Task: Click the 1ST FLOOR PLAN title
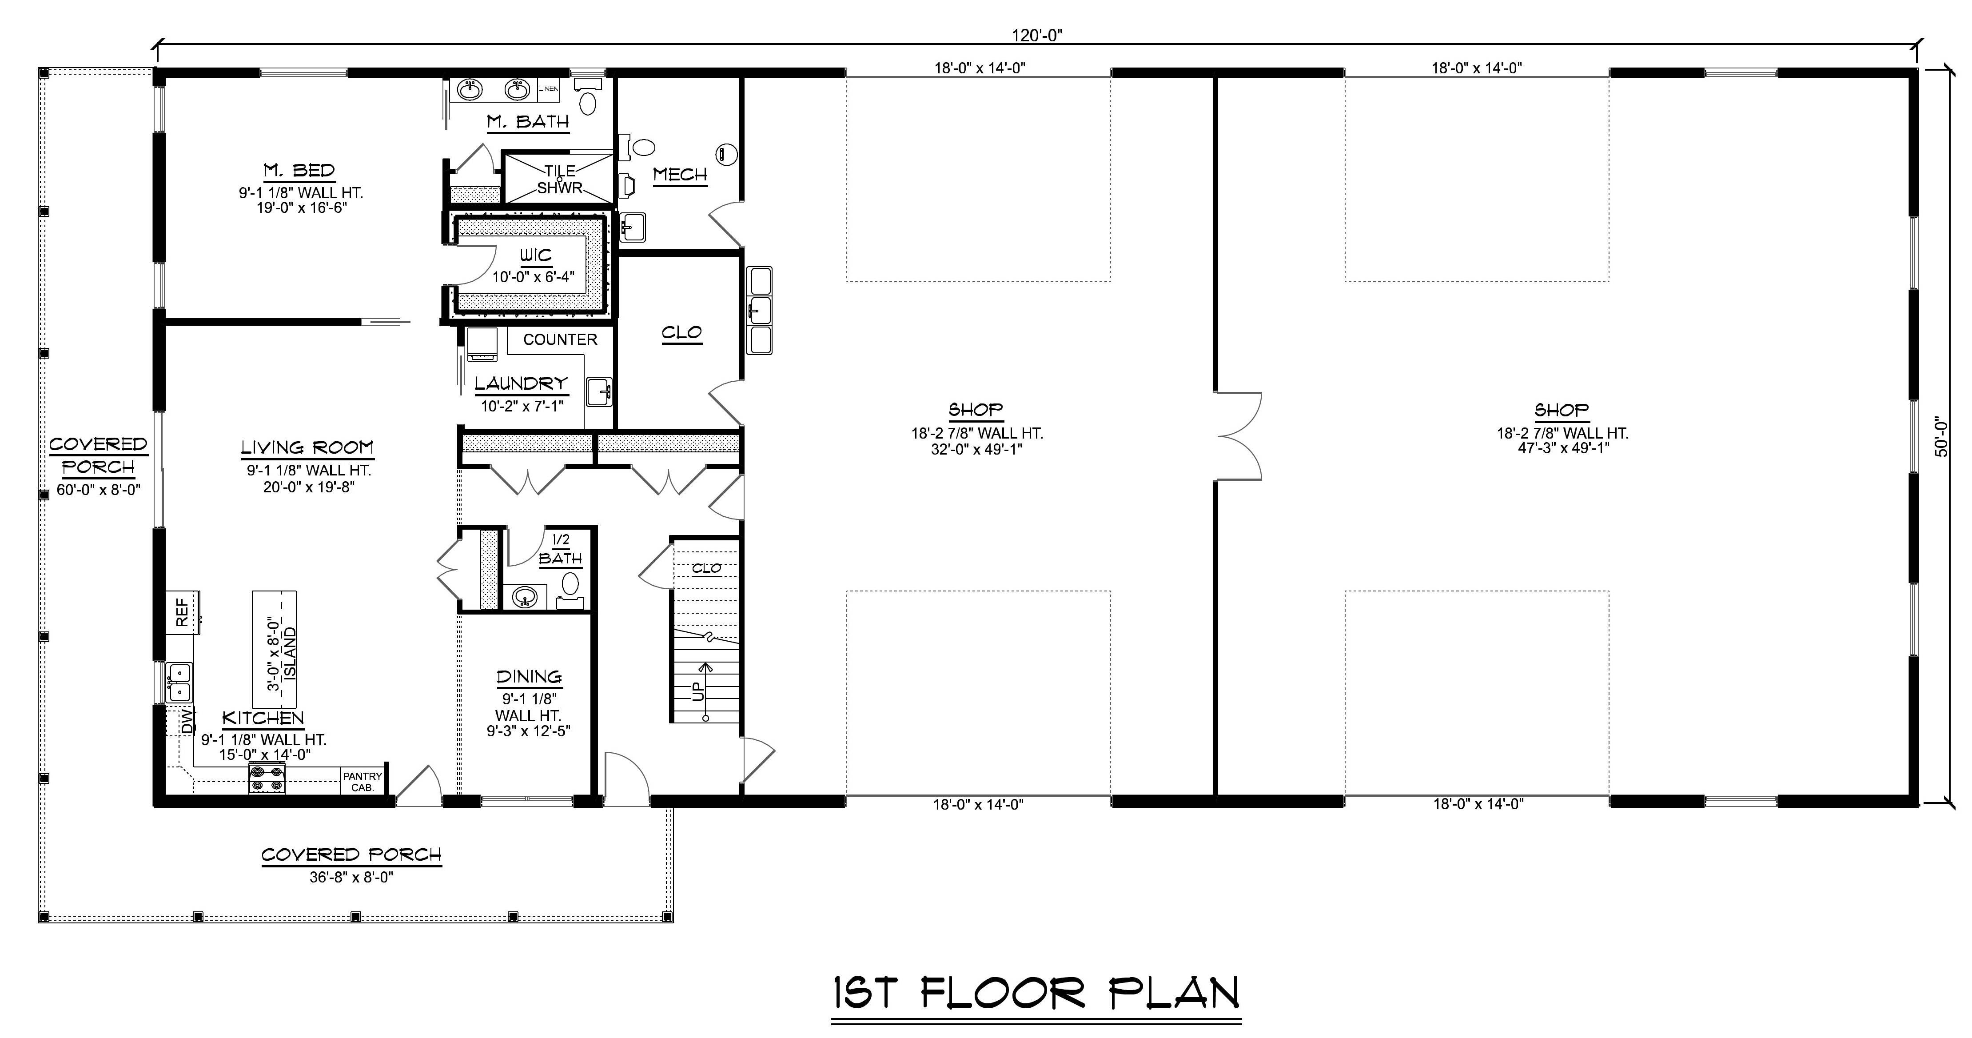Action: click(x=1036, y=994)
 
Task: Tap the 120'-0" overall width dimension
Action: click(x=1037, y=35)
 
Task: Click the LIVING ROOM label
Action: click(x=307, y=447)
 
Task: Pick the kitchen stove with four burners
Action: click(x=267, y=779)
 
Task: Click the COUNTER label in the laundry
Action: click(x=560, y=339)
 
